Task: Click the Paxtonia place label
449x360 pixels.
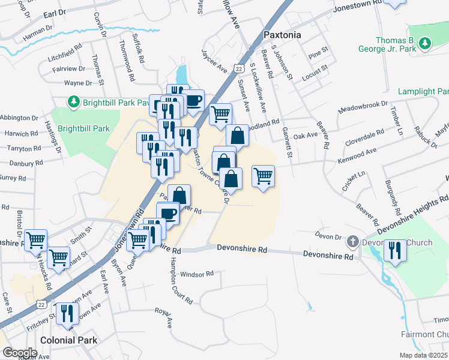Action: click(x=282, y=35)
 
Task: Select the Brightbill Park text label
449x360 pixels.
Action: click(x=84, y=128)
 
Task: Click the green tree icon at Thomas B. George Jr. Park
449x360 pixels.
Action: click(x=425, y=43)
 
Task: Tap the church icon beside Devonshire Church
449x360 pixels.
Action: click(x=353, y=242)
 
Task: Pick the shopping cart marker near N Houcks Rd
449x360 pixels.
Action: click(x=37, y=240)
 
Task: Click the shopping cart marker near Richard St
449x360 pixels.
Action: click(x=58, y=258)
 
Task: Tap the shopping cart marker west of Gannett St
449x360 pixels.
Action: click(x=263, y=176)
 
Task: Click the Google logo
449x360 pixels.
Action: click(x=20, y=353)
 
